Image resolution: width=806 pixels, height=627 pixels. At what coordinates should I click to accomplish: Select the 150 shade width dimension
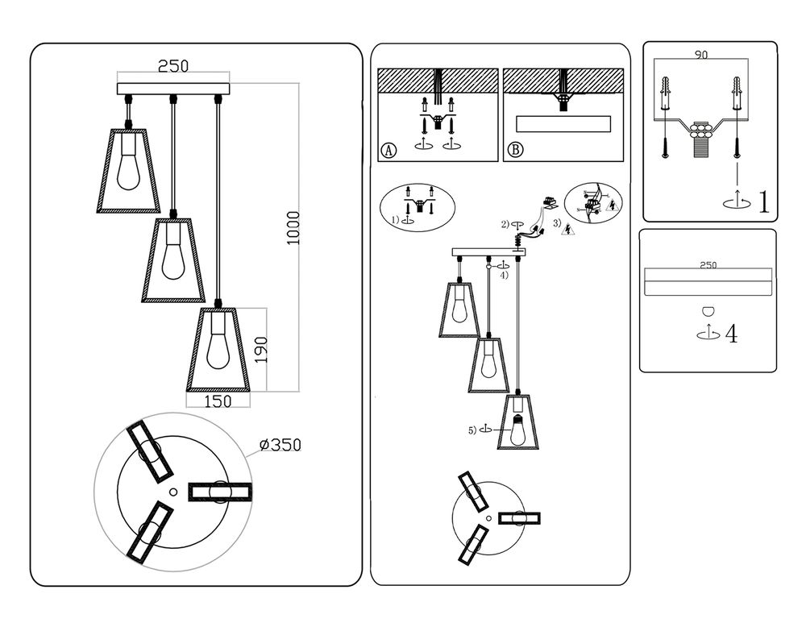[217, 400]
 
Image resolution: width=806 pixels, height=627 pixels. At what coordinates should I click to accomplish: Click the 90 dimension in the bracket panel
[702, 56]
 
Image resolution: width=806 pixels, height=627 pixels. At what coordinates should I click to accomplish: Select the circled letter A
[388, 150]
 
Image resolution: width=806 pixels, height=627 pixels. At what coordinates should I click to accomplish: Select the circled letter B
[516, 150]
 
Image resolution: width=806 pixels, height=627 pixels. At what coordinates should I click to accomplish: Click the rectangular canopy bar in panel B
[563, 125]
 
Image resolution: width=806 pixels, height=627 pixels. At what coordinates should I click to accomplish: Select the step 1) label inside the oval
[396, 219]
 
